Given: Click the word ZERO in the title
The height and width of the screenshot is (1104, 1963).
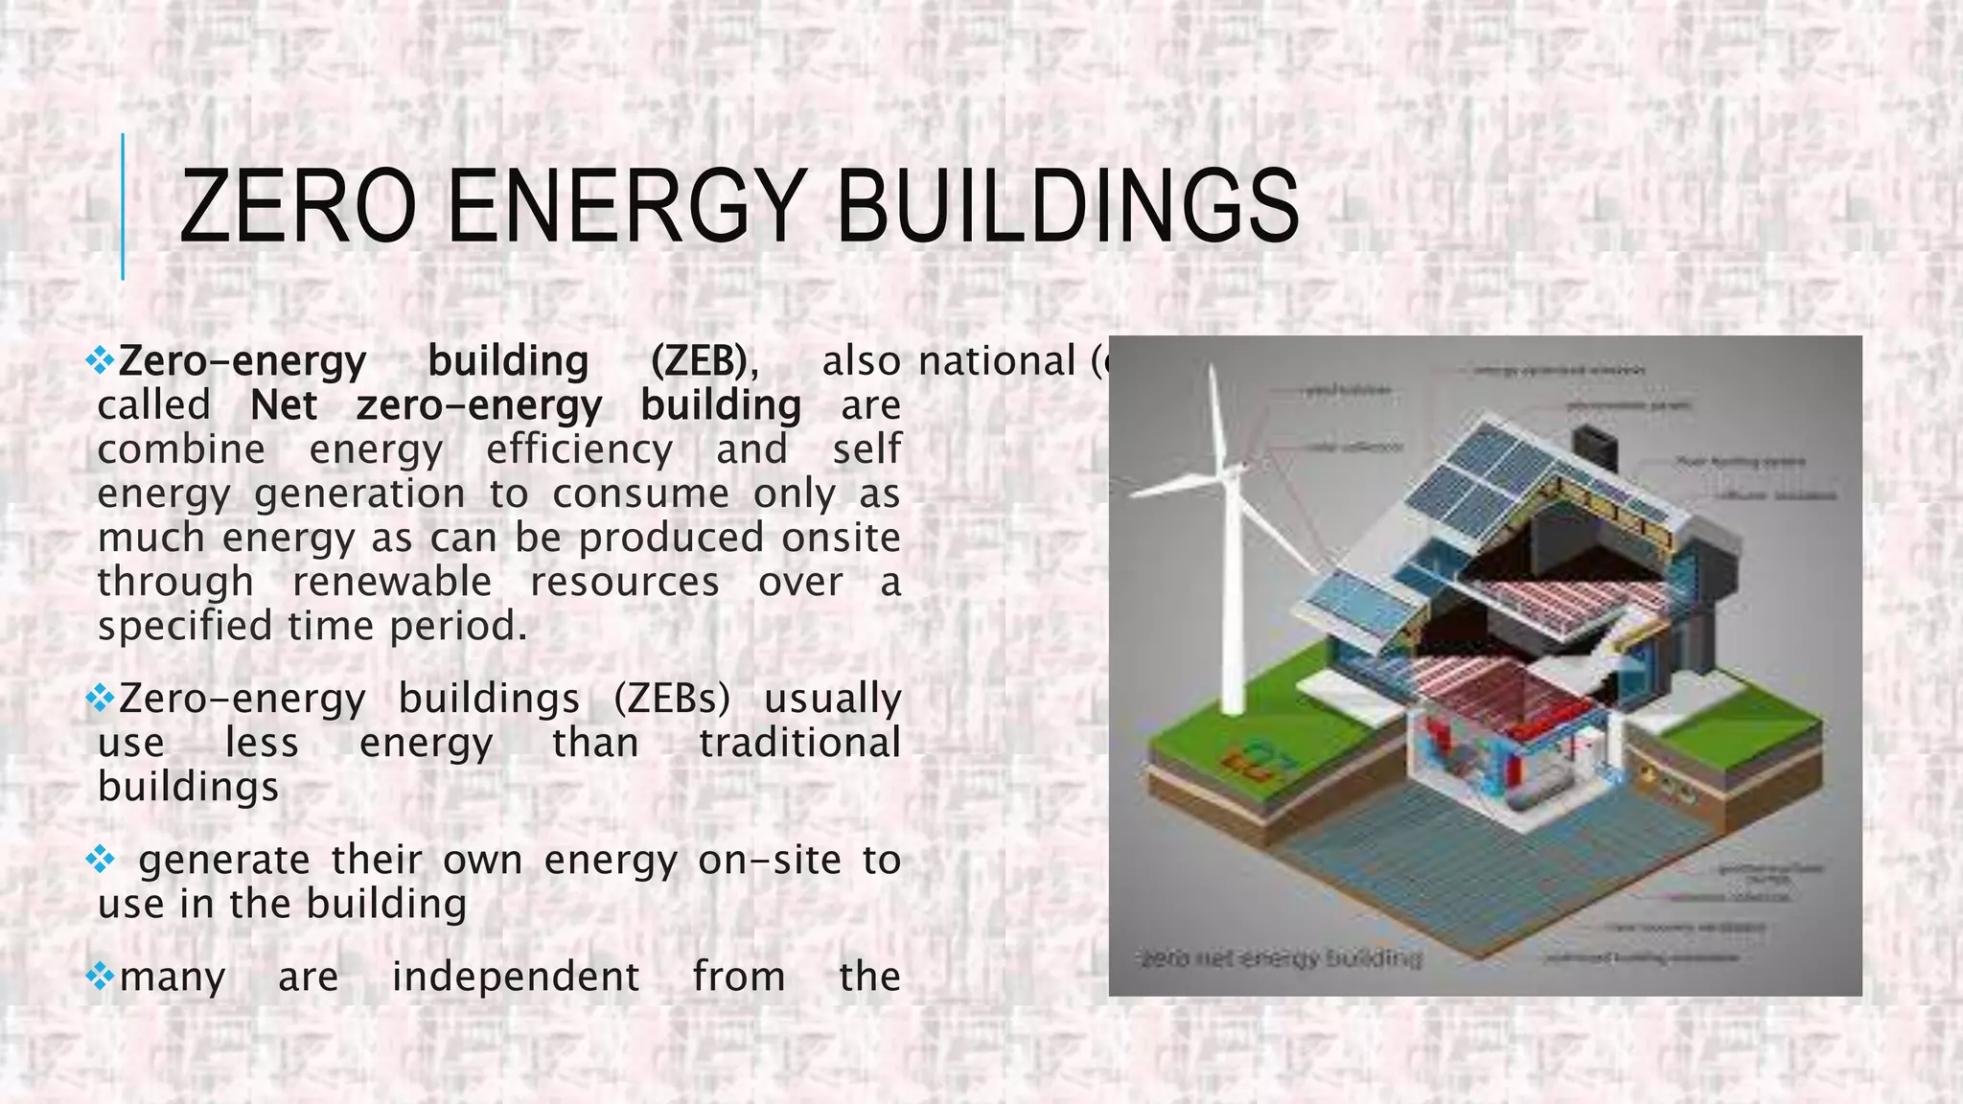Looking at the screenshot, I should click(x=297, y=206).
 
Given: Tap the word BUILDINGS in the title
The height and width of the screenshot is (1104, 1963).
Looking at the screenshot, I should click(x=1067, y=206).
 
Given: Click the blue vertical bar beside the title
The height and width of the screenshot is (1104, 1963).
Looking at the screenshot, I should click(x=123, y=206).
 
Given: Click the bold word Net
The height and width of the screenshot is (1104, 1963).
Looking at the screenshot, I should click(x=283, y=405).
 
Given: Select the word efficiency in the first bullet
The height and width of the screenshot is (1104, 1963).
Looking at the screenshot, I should click(x=579, y=449).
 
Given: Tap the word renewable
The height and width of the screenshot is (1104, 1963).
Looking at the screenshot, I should click(x=392, y=582).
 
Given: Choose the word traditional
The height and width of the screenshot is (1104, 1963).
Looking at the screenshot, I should click(x=799, y=743).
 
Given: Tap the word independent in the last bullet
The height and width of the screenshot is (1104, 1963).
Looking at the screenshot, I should click(x=516, y=977).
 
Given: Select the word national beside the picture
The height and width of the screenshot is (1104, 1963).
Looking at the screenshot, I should click(x=997, y=361).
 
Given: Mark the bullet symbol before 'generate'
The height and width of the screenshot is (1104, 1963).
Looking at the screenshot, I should click(x=100, y=860).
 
